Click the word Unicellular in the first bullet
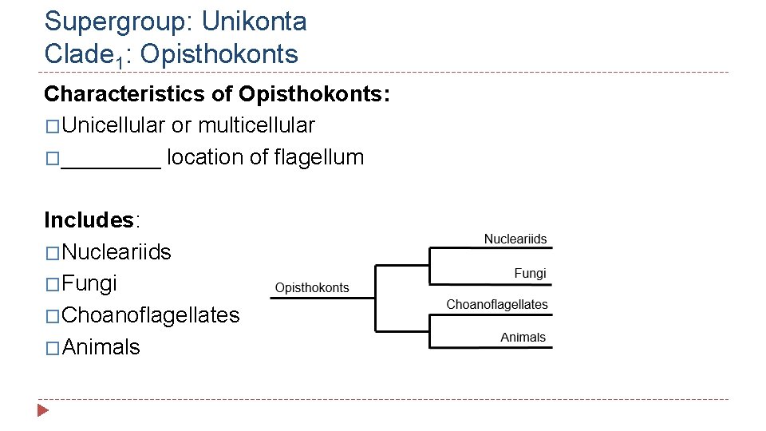[x=113, y=125]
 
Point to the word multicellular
[x=256, y=125]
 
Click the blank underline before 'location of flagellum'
[x=111, y=159]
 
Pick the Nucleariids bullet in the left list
[x=116, y=252]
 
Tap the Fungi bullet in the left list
[x=89, y=283]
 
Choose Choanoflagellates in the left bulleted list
[x=150, y=315]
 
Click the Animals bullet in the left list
[x=101, y=347]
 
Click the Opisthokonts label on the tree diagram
[x=312, y=288]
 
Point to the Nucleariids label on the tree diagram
[x=515, y=239]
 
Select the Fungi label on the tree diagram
[x=530, y=273]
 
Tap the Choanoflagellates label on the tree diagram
[x=497, y=304]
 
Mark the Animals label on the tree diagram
[x=523, y=338]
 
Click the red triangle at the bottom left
[x=43, y=410]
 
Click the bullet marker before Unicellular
[x=52, y=126]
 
